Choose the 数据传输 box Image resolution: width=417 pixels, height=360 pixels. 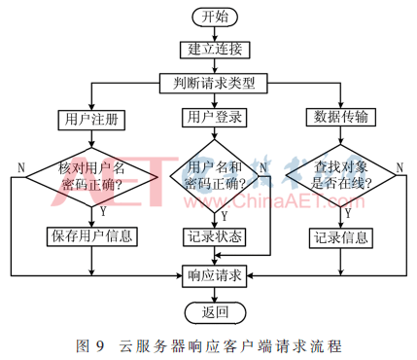pos(341,118)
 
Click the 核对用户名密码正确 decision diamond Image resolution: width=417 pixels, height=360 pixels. pos(89,178)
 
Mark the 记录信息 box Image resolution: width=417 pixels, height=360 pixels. pos(341,235)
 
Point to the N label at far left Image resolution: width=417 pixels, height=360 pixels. pos(20,168)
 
